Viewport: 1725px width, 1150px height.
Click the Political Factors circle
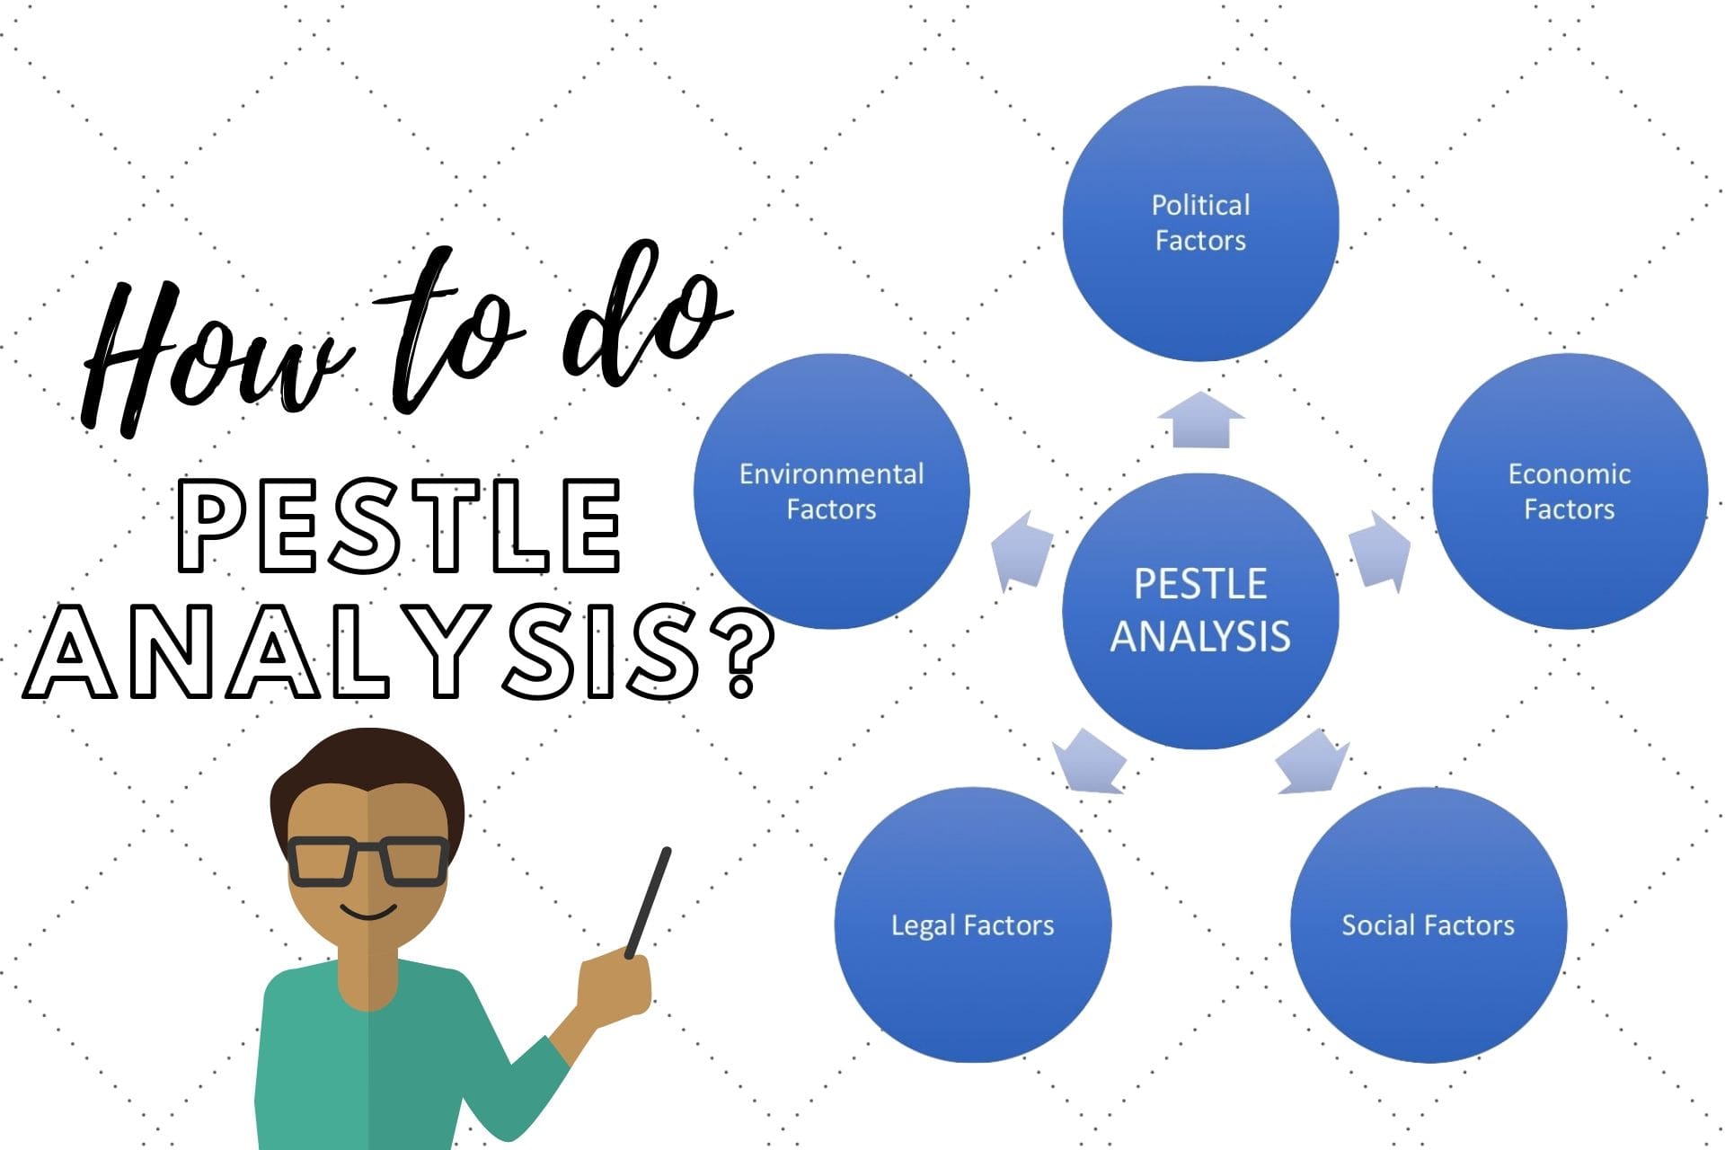point(1200,223)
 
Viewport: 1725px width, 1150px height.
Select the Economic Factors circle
point(1569,491)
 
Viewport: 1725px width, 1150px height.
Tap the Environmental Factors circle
point(831,491)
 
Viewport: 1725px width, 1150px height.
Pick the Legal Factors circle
point(972,924)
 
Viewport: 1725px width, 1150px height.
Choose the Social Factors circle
point(1428,924)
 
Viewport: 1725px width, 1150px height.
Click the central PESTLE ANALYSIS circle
point(1200,611)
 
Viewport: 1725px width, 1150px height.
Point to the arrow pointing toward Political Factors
point(1200,420)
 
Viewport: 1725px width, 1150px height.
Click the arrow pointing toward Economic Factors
point(1380,551)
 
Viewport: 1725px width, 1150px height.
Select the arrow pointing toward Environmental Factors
point(1022,551)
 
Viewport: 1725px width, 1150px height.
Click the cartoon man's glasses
point(368,861)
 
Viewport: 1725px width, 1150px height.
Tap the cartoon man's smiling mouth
point(368,914)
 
